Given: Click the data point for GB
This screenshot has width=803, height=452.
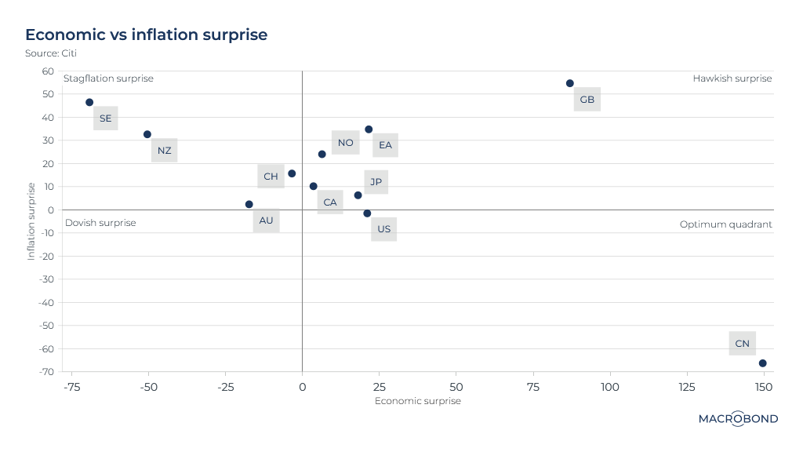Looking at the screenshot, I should click(x=570, y=83).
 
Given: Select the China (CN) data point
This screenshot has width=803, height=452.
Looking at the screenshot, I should click(x=762, y=363).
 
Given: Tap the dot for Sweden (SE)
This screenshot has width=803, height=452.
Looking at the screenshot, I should click(x=89, y=103).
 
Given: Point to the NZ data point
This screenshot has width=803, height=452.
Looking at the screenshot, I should click(x=147, y=134).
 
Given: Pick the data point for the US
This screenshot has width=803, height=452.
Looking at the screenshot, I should click(x=367, y=213).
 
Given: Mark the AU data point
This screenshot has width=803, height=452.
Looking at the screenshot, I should click(x=249, y=204).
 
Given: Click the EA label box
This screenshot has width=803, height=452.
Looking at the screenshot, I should click(x=385, y=145).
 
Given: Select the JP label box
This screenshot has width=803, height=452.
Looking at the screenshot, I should click(x=376, y=182).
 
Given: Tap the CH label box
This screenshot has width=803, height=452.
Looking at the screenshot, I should click(x=271, y=177).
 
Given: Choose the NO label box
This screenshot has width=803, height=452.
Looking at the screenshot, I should click(x=345, y=143).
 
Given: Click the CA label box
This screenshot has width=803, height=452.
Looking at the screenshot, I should click(x=330, y=202).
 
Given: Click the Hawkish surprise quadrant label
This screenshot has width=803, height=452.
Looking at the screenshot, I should click(x=732, y=78).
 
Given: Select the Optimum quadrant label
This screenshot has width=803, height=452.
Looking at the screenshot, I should click(x=726, y=224).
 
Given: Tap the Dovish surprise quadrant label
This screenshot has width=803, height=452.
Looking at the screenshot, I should click(x=100, y=223).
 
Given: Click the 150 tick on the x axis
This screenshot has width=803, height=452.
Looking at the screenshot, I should click(x=764, y=387).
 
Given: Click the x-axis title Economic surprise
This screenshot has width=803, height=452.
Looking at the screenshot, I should click(x=418, y=401).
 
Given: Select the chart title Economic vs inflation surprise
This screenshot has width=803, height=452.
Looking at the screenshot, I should click(x=147, y=35).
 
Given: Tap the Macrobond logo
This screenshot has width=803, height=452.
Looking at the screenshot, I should click(x=738, y=419).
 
